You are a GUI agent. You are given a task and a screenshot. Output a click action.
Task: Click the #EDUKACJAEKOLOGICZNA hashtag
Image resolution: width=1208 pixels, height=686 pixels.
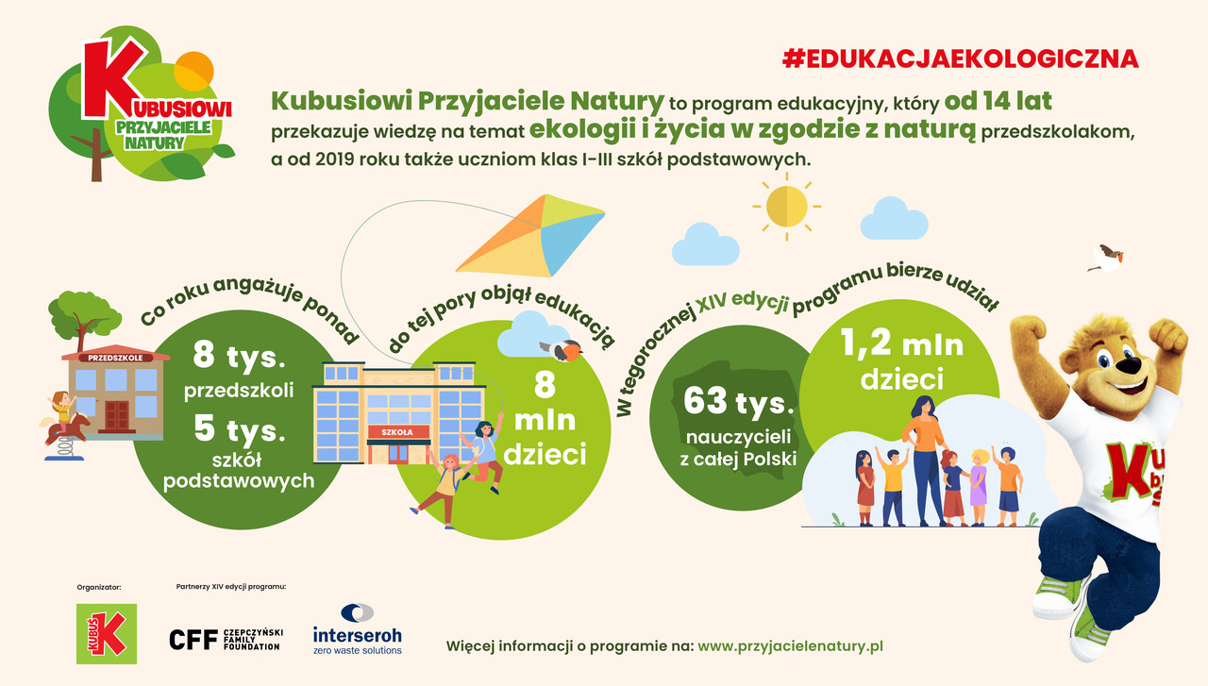point(961,59)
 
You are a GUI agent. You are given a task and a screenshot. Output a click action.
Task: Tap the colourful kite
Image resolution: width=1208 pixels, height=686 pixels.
point(530,236)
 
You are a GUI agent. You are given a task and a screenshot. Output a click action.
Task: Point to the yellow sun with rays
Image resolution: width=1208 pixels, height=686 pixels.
point(787,207)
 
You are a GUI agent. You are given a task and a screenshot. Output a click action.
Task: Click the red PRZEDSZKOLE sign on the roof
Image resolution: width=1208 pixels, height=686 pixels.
point(115,358)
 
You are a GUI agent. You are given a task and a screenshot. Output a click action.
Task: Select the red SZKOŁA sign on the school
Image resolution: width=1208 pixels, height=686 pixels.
point(398,432)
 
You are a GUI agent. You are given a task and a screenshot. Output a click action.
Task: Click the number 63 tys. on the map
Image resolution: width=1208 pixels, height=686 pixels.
point(738,402)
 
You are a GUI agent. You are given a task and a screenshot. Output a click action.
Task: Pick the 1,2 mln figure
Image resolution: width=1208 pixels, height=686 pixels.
point(902,343)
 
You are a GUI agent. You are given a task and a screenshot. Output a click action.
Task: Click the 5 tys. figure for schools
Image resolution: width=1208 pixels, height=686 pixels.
point(239,429)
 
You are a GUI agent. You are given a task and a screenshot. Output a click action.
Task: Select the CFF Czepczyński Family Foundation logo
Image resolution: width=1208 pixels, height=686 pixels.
point(226,640)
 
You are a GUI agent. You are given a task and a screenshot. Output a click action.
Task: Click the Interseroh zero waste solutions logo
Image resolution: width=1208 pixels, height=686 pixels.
point(358,629)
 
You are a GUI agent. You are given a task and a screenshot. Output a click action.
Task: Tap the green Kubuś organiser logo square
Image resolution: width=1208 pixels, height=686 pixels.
point(107,634)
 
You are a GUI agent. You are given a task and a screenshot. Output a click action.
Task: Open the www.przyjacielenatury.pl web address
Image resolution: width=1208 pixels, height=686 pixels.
point(790,646)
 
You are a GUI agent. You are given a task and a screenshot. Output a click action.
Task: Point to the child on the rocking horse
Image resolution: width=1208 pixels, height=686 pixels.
point(62,408)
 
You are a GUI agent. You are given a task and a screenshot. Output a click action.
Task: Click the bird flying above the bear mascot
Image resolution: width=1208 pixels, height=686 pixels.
point(1107,259)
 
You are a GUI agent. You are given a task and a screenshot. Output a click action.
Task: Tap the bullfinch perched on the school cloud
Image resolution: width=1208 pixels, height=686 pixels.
point(562,349)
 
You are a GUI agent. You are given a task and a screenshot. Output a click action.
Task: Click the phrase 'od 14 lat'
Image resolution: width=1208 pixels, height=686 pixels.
point(998,101)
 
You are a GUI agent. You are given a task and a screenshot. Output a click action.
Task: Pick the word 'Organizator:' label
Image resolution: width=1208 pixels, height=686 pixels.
point(99,587)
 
